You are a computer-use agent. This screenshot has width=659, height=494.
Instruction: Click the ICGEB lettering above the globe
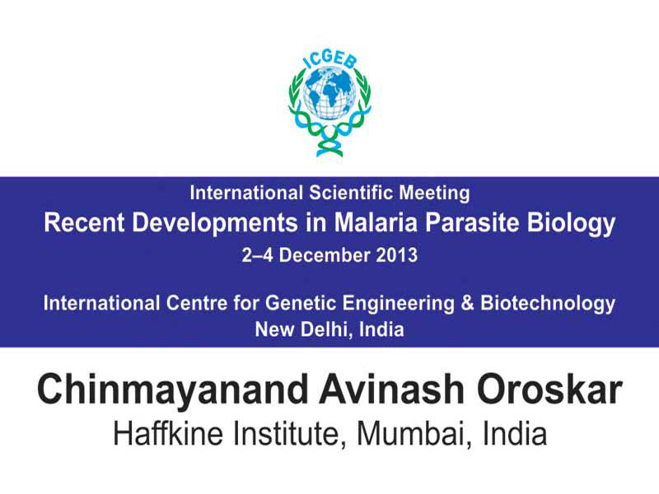tap(330, 60)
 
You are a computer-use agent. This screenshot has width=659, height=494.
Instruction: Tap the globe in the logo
tap(329, 92)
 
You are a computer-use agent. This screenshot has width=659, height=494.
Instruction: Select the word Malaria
tap(376, 222)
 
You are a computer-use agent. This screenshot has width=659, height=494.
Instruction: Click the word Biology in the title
tap(571, 224)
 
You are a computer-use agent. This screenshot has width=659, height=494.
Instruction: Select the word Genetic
tap(301, 303)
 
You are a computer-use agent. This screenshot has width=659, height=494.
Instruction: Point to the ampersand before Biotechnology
tap(467, 303)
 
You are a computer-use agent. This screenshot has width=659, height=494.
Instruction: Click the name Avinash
tap(391, 389)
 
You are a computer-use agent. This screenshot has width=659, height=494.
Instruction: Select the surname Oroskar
tap(549, 389)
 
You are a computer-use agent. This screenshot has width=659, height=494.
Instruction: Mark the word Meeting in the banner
tap(434, 194)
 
